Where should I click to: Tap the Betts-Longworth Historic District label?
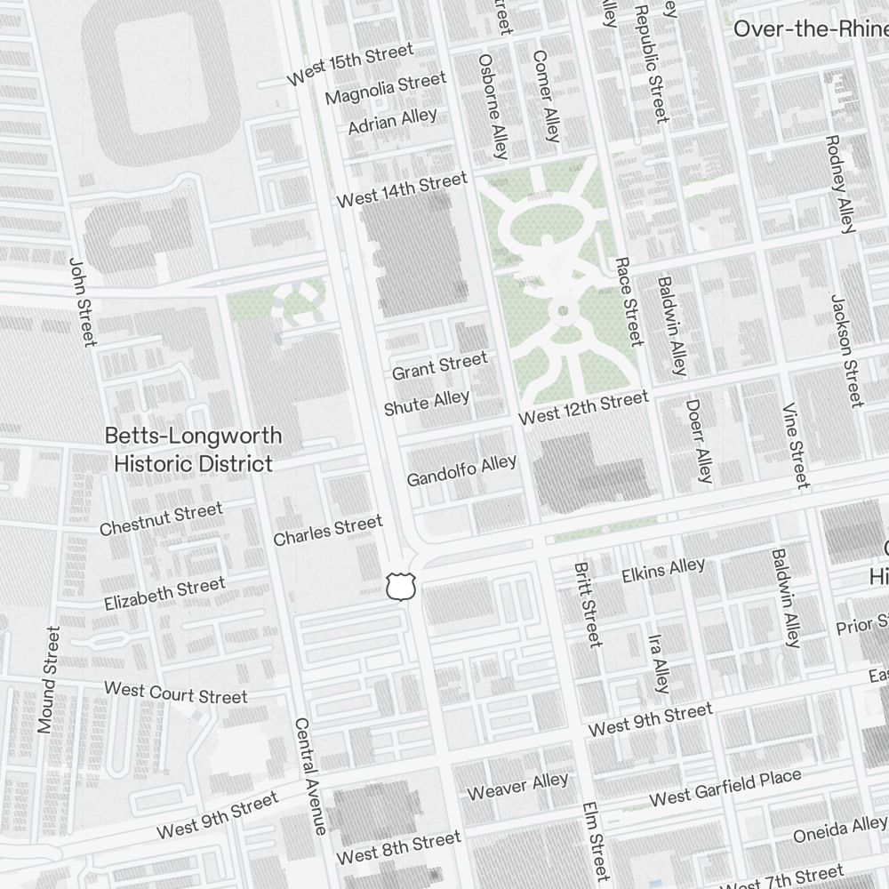tap(193, 450)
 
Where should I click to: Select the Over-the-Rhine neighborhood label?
tap(809, 28)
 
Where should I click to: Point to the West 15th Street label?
tap(350, 65)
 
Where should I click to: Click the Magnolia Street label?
tap(385, 89)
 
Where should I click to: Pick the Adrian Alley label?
tap(392, 121)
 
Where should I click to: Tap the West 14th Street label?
tap(401, 190)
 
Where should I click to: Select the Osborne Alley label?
tap(493, 106)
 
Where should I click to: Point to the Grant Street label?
tap(439, 365)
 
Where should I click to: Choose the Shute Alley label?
tap(427, 403)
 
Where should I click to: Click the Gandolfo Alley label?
tap(461, 470)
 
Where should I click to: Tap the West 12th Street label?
tap(583, 408)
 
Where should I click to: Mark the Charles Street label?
tap(327, 531)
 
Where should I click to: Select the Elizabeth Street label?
tap(164, 593)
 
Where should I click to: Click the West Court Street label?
tap(175, 692)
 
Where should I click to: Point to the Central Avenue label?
tap(310, 775)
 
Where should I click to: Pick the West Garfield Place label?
tap(725, 789)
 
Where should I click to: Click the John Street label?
tap(81, 302)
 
